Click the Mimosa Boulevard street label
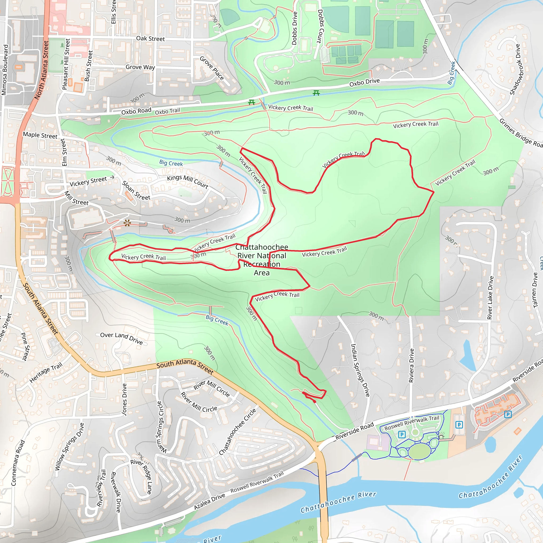[x=5, y=70]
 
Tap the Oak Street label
[x=150, y=38]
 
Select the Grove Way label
[x=140, y=67]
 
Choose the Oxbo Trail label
[x=168, y=111]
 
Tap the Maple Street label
[x=40, y=135]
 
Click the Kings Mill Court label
[x=187, y=182]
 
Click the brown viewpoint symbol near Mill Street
[x=127, y=224]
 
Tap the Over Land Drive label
[x=121, y=338]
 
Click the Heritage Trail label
[x=46, y=373]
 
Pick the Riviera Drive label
[x=411, y=365]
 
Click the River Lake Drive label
[x=490, y=297]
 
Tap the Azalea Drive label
[x=209, y=501]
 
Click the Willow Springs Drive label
[x=69, y=446]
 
